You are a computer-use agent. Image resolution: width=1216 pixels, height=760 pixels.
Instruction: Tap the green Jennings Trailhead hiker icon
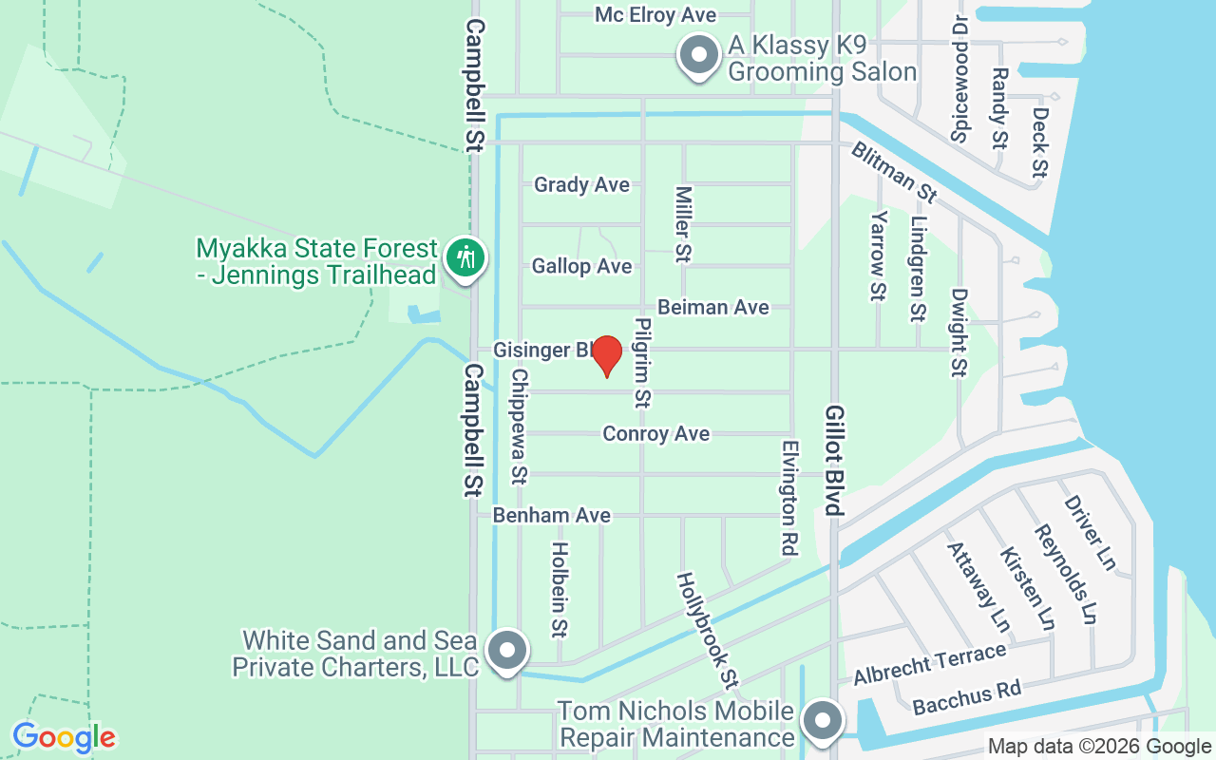(x=465, y=257)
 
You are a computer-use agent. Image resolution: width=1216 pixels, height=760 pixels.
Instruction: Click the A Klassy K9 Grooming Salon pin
(x=699, y=55)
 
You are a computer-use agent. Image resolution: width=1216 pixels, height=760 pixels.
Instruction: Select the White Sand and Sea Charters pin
(x=506, y=652)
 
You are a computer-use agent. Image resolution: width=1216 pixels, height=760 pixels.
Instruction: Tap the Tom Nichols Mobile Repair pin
(x=823, y=721)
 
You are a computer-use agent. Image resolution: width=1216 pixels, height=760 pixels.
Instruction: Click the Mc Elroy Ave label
(x=655, y=15)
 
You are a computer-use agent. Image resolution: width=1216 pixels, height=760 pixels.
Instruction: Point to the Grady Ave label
(x=581, y=184)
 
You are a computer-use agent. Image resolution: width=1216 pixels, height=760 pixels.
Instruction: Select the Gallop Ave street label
(x=581, y=266)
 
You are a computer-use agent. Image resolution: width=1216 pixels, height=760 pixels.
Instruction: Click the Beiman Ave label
(x=712, y=307)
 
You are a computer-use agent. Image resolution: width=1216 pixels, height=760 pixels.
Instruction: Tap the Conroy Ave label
(x=655, y=433)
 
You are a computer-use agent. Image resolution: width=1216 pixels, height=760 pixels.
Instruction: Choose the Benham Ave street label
(x=551, y=515)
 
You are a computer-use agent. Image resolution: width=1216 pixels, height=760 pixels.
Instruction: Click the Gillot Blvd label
(x=834, y=461)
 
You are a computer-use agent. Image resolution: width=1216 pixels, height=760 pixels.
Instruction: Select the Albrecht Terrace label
(x=929, y=664)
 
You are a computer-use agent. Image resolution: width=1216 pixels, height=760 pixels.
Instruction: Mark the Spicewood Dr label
(x=960, y=78)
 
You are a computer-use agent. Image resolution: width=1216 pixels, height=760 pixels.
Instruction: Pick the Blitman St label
(x=893, y=172)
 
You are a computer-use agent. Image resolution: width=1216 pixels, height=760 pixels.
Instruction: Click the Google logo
(x=64, y=737)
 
